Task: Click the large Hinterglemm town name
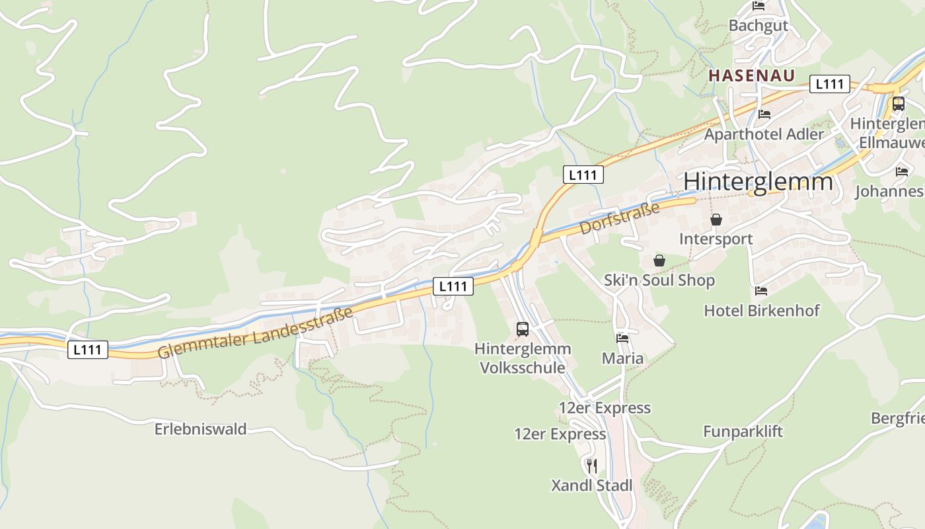point(758,181)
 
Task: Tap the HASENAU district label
point(752,75)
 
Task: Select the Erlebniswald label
point(200,429)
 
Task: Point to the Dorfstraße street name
point(620,219)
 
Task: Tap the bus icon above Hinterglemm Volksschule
point(523,329)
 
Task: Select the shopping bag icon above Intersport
point(716,220)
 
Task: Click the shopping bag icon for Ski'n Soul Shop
point(659,261)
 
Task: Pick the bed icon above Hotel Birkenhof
point(761,290)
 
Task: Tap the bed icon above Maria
point(622,339)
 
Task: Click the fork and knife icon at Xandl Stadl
point(592,466)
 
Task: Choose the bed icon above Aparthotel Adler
point(764,114)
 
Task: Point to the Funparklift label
point(743,432)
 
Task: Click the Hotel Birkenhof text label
point(761,310)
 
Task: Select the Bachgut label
point(758,26)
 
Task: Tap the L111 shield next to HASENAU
point(830,84)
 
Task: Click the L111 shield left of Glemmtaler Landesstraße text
point(87,350)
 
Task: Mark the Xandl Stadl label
point(592,485)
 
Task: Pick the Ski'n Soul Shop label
point(659,280)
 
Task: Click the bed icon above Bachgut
point(758,6)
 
